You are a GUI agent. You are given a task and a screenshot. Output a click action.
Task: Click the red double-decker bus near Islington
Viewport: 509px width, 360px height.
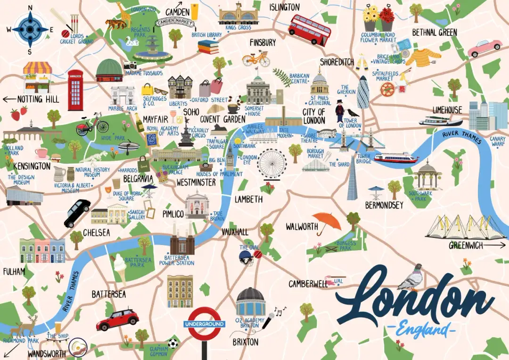(309, 29)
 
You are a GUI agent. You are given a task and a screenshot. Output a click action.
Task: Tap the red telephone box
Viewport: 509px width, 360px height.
(75, 90)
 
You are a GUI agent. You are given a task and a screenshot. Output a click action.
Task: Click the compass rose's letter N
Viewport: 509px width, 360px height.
(31, 8)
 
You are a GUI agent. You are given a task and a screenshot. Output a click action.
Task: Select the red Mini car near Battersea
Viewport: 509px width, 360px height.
(117, 319)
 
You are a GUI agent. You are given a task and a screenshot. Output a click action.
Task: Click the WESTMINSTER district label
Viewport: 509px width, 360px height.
(196, 182)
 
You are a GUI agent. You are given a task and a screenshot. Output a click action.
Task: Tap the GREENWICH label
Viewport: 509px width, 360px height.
(466, 245)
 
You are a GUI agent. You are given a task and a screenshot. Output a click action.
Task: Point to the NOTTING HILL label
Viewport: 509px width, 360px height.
(38, 99)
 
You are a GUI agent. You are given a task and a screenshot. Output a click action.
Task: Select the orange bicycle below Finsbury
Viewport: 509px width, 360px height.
(256, 59)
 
